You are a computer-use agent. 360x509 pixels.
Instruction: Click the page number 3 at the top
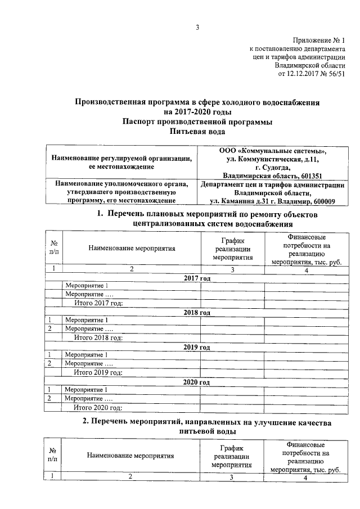[197, 28]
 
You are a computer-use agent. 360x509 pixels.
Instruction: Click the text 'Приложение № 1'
[318, 40]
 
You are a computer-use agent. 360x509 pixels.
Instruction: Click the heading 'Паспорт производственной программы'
[197, 121]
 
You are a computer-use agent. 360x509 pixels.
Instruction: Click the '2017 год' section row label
[197, 278]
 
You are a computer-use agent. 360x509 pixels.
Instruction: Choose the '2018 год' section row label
[197, 313]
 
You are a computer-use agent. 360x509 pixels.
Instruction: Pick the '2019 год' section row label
[197, 347]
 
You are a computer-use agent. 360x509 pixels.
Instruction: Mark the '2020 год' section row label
[197, 382]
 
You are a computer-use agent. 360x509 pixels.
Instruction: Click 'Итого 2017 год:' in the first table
[98, 304]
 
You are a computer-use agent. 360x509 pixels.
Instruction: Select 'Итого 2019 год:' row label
[98, 373]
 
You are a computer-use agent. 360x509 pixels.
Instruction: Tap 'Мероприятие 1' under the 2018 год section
[87, 321]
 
